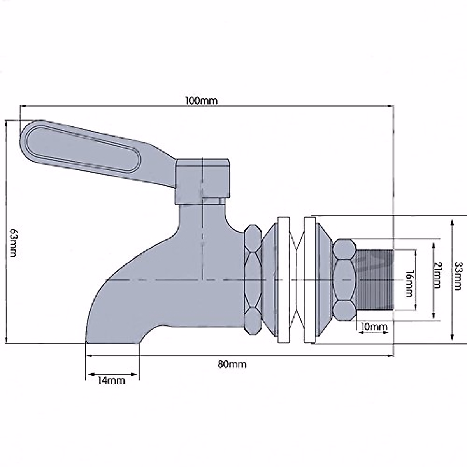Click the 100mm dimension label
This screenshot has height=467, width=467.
coord(202,100)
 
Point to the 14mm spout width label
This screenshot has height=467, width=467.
coord(111,380)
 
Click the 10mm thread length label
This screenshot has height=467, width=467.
coord(374,327)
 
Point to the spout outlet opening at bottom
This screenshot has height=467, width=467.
coord(112,342)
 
